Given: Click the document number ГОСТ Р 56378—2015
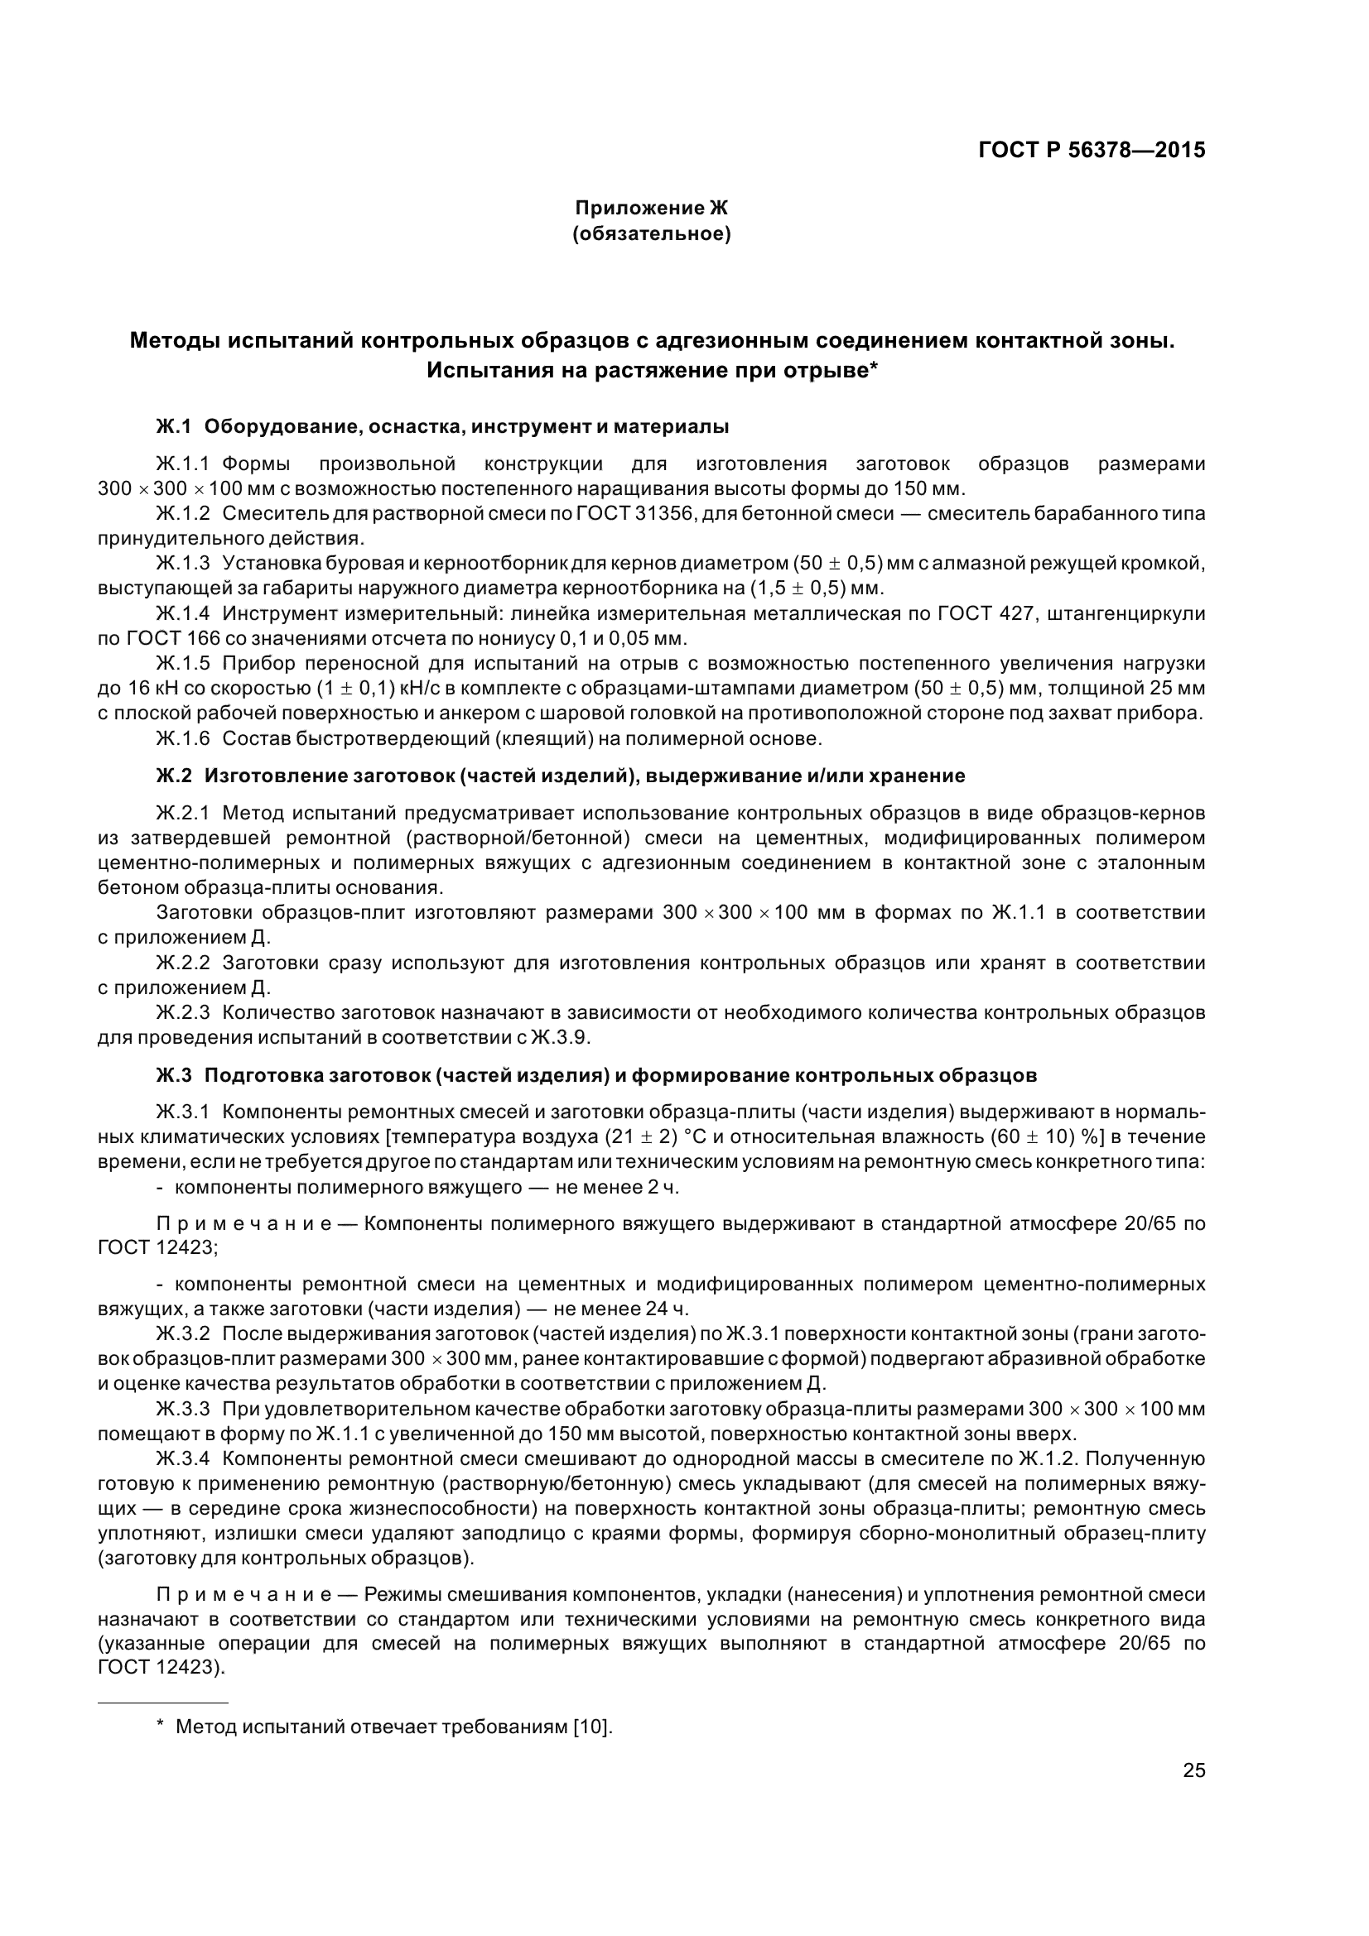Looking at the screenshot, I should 1092,150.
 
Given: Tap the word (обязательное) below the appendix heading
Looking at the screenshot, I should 651,233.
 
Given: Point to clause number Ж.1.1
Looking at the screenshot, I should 182,464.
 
